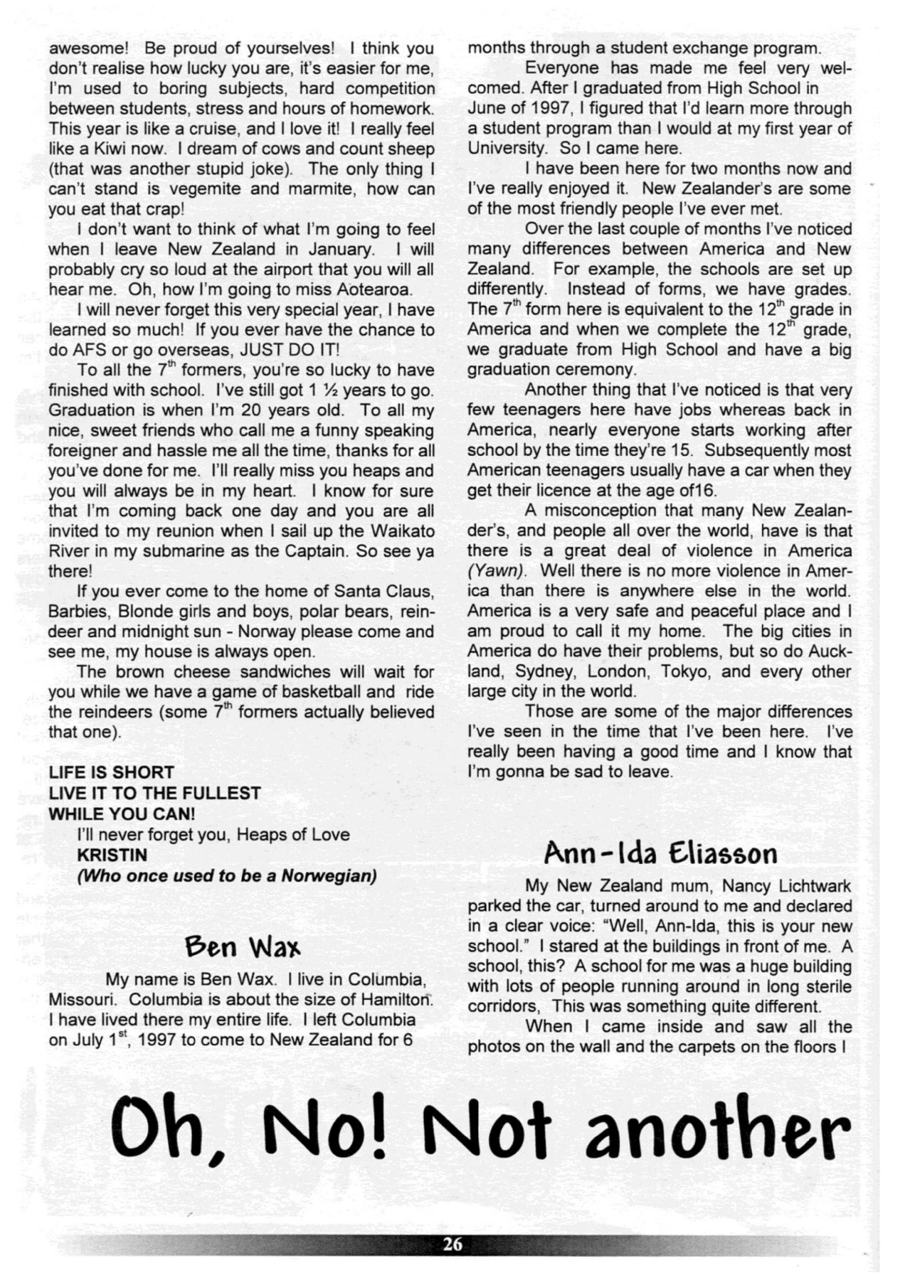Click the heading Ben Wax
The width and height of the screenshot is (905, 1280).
click(x=242, y=947)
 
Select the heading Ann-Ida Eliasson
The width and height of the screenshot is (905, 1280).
click(x=660, y=853)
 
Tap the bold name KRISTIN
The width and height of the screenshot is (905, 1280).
click(x=112, y=855)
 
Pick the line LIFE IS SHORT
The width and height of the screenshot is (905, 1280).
click(x=111, y=772)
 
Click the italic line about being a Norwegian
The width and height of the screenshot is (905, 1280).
click(x=226, y=875)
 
